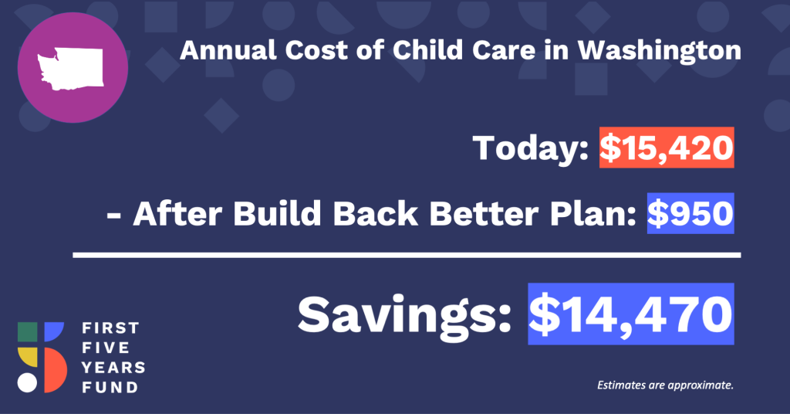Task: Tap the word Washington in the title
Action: click(x=659, y=51)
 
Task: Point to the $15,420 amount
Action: click(x=667, y=148)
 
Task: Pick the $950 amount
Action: click(x=690, y=213)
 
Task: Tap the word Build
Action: click(x=277, y=213)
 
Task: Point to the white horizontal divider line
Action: click(x=407, y=255)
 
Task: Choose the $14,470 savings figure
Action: click(x=631, y=314)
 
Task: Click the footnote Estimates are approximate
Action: click(x=665, y=385)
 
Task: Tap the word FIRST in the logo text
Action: click(x=110, y=328)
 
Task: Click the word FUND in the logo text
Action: click(x=110, y=387)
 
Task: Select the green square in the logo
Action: click(x=27, y=332)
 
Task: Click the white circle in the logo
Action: click(x=27, y=383)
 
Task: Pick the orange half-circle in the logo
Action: click(x=55, y=370)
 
